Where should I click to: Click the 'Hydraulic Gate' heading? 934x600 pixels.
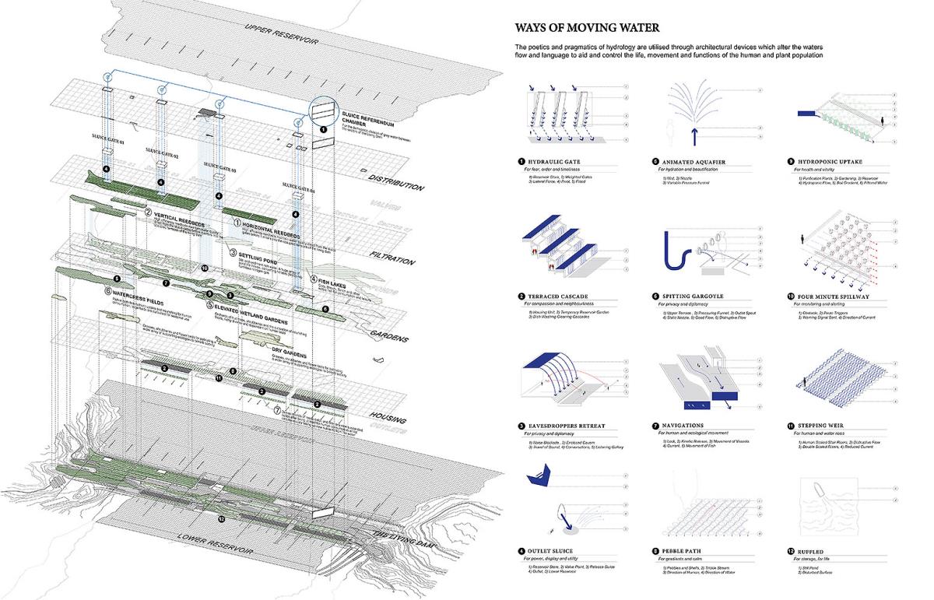(x=554, y=162)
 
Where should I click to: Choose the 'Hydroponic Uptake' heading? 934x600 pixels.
(x=830, y=162)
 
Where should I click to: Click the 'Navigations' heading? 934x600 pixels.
(x=685, y=426)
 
